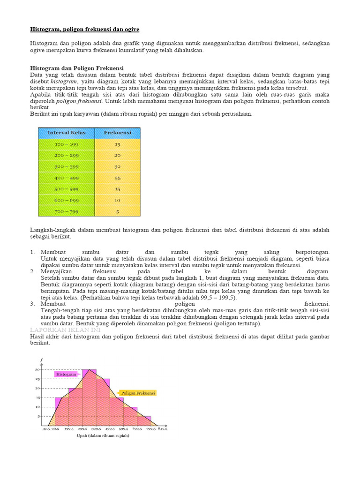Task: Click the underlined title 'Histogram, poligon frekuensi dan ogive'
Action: coord(84,29)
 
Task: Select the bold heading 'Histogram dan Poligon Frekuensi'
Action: coord(77,68)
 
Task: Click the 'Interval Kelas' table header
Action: coord(67,133)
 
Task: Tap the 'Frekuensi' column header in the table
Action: coord(117,133)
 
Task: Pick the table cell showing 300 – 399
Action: coord(67,166)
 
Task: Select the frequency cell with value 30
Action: coord(117,166)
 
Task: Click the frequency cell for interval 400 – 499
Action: coord(117,178)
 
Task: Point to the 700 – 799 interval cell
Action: coord(67,211)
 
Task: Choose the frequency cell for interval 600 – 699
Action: coord(117,200)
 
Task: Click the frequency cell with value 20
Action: coord(117,155)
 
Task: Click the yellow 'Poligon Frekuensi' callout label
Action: coord(137,393)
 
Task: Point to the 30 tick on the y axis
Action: coord(37,369)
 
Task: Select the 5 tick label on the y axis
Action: coord(39,416)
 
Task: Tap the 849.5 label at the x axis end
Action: coord(163,428)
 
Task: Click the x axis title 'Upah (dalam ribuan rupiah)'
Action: coord(103,435)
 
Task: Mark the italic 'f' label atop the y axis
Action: coord(41,360)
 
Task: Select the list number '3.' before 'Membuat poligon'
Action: coord(33,304)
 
